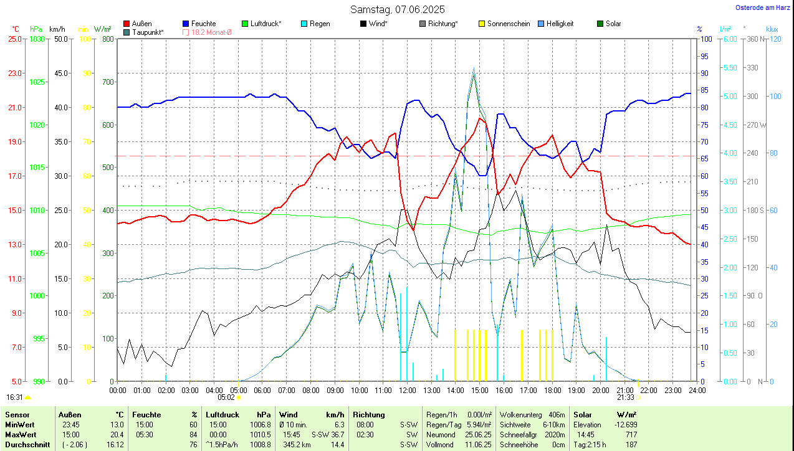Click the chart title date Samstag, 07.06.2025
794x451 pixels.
pos(396,9)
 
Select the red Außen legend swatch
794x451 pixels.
pos(127,24)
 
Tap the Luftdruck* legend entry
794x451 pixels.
pos(265,24)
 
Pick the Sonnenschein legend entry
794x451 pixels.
pos(509,24)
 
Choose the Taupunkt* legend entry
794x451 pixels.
pos(148,32)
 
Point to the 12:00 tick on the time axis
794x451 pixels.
pos(407,391)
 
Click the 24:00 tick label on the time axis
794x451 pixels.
pos(697,391)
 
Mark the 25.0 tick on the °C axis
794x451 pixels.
pos(14,39)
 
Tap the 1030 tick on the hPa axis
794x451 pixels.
pos(37,39)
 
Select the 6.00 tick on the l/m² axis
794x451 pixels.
pos(729,39)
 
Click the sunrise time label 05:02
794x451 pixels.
pos(226,397)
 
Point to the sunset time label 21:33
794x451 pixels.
pos(625,397)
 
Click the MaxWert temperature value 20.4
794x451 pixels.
pos(117,435)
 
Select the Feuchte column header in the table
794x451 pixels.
pos(146,415)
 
